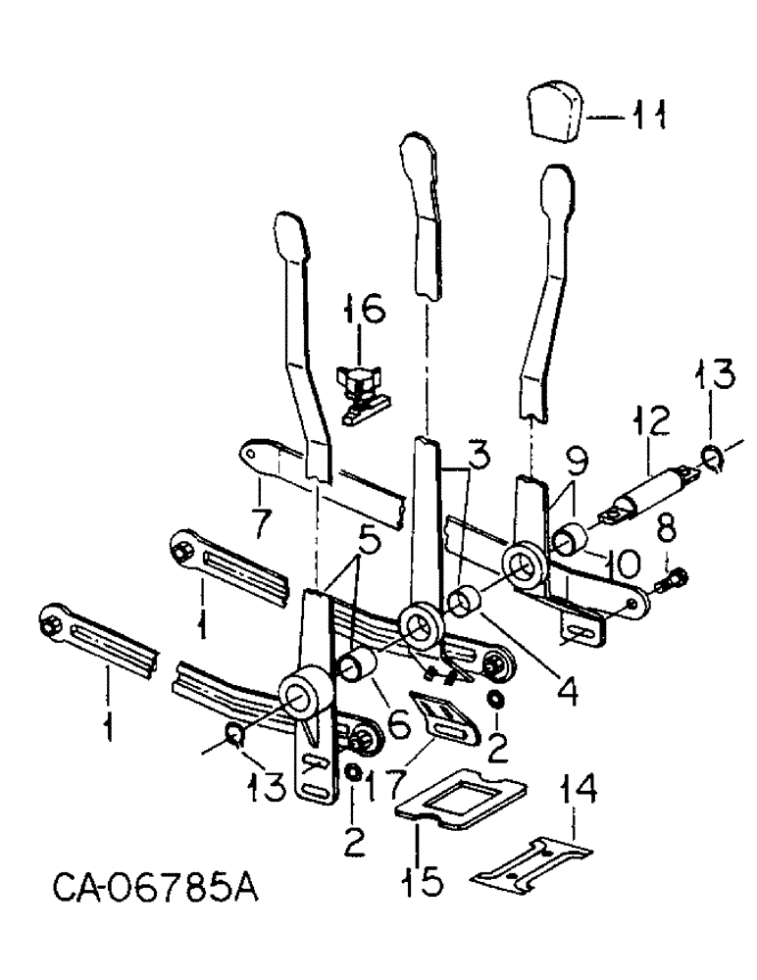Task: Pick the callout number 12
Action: (x=651, y=425)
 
